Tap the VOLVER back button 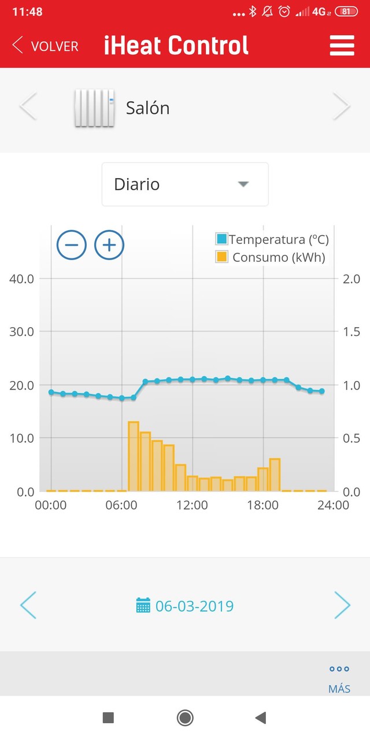[45, 46]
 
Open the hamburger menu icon [342, 46]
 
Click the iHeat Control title [176, 46]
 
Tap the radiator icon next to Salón [94, 108]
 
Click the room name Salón [148, 108]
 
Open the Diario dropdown [185, 184]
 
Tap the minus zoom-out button [72, 245]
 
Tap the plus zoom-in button [109, 245]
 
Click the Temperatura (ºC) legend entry [272, 239]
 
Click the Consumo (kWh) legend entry [272, 257]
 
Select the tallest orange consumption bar [134, 457]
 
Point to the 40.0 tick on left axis [22, 279]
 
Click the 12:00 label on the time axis [192, 505]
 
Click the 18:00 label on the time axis [263, 505]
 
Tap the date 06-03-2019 [194, 606]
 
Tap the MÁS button [339, 679]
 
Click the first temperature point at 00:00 [51, 392]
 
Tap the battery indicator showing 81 [346, 12]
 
